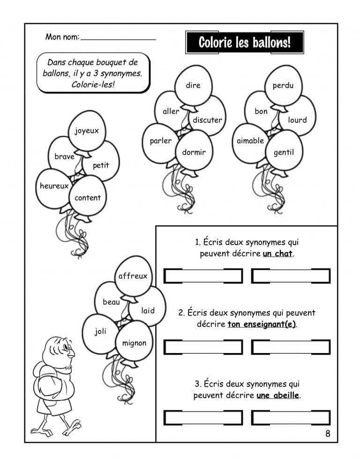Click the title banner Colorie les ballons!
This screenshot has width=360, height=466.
click(245, 43)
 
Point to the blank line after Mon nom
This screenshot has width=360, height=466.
click(118, 38)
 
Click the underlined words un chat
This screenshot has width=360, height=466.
click(277, 254)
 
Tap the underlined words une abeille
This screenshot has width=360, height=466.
click(277, 395)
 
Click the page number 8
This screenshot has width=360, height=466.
click(328, 434)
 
